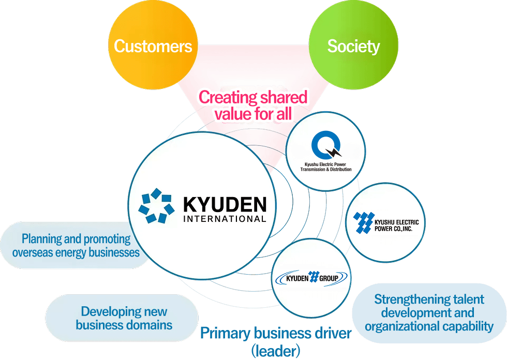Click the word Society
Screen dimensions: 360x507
[x=353, y=47]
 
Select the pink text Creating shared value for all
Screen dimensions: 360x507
[x=253, y=105]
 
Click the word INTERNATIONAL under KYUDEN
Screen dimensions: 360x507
[x=225, y=219]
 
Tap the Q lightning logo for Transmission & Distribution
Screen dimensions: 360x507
[x=326, y=146]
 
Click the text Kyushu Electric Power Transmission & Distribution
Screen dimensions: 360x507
[x=326, y=167]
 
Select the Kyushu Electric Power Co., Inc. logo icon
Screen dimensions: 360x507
[x=364, y=222]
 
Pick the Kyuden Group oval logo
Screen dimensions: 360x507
[x=311, y=278]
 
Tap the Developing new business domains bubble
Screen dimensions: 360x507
[x=123, y=318]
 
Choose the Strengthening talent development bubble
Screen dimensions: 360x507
[x=429, y=313]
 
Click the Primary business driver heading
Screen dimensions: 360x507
[x=275, y=333]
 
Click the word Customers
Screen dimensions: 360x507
[x=153, y=47]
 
